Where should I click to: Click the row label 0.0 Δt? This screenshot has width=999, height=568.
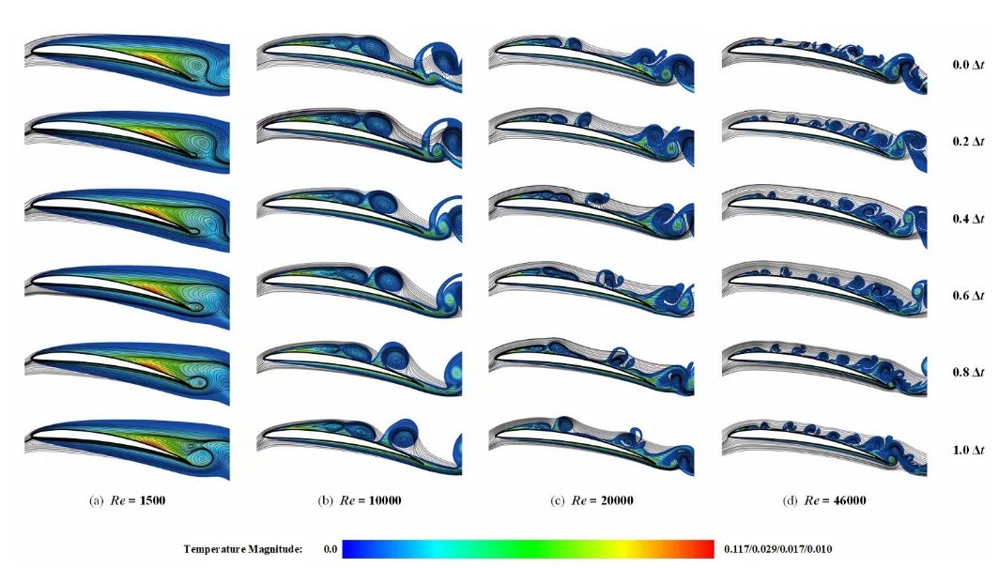[968, 65]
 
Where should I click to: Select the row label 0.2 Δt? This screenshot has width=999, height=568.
[968, 142]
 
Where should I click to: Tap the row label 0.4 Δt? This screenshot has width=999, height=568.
[968, 219]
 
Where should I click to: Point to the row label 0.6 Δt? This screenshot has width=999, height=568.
[968, 296]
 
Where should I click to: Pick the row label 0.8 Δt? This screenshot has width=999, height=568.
[968, 372]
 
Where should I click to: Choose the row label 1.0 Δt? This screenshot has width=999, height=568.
[968, 451]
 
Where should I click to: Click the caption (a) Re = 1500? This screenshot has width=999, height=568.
[128, 500]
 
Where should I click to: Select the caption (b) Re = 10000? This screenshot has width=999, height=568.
[360, 500]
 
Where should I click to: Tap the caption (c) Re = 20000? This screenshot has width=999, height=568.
[592, 500]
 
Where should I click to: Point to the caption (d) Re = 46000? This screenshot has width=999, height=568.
[824, 500]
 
